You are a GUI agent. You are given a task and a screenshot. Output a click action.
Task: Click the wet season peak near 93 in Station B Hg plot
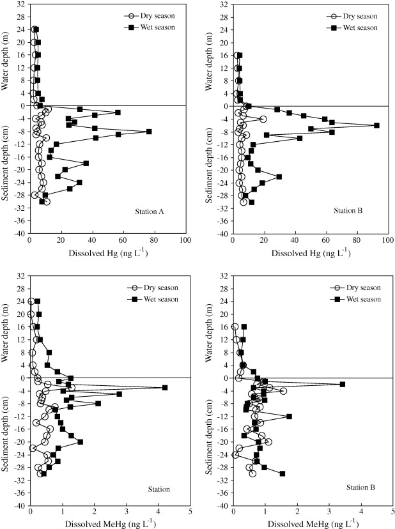376,125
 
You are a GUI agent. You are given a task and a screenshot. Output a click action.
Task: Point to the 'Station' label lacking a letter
157,489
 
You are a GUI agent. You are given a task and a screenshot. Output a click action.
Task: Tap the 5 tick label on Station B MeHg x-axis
393,513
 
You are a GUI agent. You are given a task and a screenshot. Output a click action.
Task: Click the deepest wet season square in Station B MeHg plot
282,473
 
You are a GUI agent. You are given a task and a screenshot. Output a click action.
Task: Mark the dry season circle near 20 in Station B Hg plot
263,119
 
